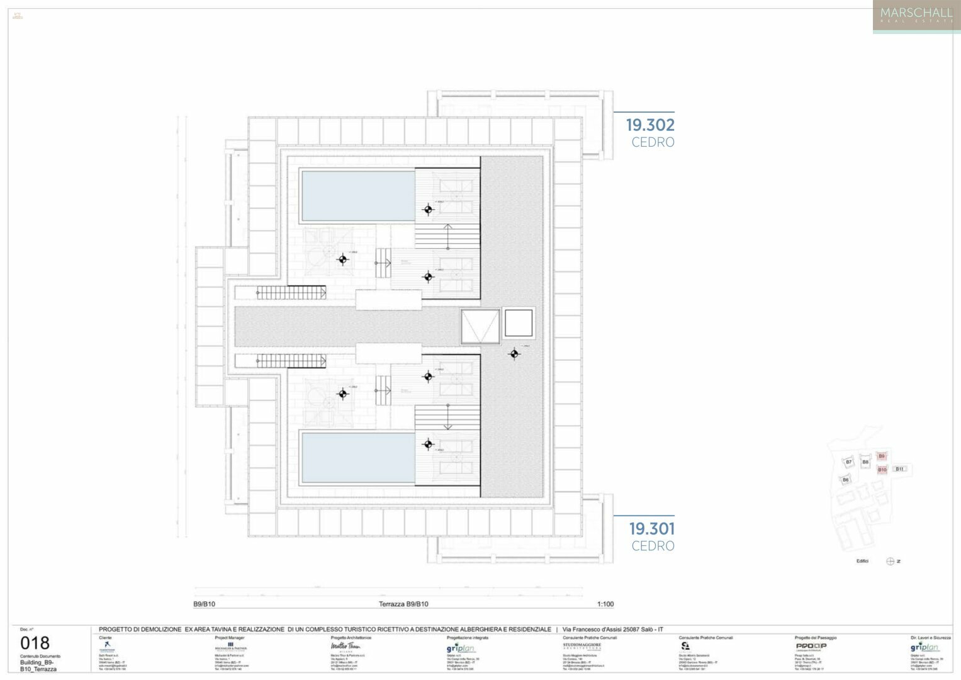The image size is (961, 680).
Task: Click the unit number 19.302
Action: [649, 125]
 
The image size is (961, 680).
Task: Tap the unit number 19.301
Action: [651, 529]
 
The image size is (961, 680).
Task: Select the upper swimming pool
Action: [358, 195]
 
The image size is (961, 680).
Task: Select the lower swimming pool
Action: [358, 458]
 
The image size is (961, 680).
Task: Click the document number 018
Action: [35, 643]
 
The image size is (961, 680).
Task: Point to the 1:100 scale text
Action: [605, 604]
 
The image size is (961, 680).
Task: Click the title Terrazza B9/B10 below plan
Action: [403, 604]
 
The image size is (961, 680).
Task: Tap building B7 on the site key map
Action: [848, 462]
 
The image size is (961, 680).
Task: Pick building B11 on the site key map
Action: [899, 469]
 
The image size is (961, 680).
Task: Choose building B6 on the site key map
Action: [845, 480]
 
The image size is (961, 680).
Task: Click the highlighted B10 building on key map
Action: [882, 470]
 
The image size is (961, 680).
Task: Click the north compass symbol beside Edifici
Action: [890, 561]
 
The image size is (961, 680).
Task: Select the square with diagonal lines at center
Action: [480, 326]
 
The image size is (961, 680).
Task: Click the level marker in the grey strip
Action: [514, 354]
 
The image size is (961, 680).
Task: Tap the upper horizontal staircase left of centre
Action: [291, 293]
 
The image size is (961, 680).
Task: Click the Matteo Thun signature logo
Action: [346, 647]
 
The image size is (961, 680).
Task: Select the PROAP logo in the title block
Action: [811, 646]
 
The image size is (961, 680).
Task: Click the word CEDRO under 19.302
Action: [653, 142]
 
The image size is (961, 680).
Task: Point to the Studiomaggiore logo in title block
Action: [582, 646]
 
